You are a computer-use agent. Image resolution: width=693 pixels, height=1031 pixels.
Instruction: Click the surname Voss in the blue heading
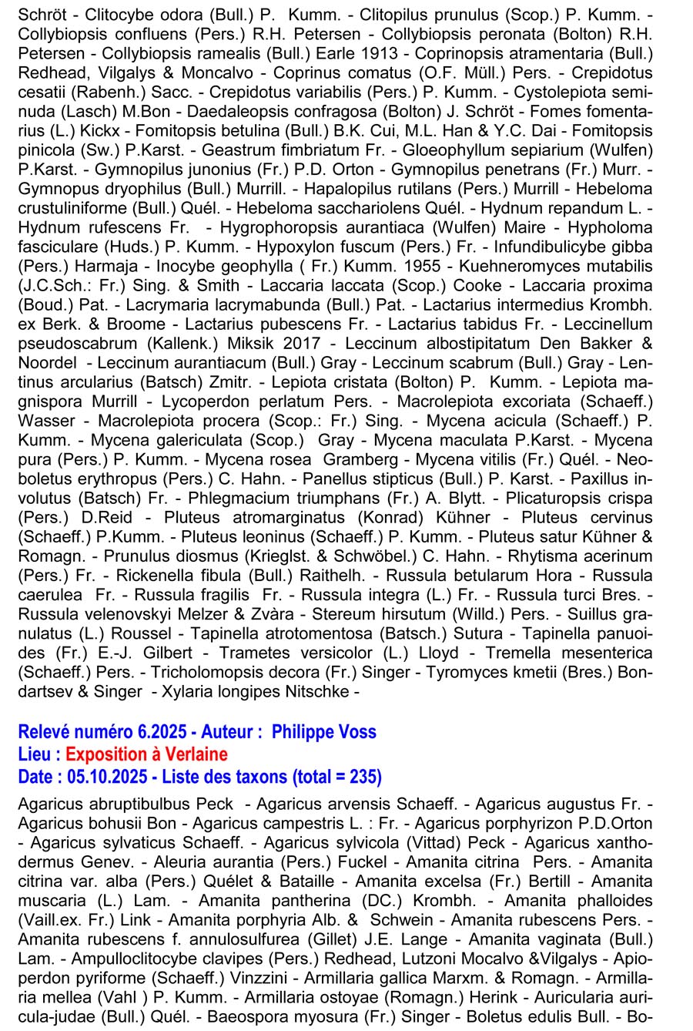point(357,732)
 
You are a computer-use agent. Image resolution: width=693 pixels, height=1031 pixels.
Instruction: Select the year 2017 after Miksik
point(311,344)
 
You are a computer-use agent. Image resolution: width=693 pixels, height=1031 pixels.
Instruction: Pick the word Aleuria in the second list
point(182,862)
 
